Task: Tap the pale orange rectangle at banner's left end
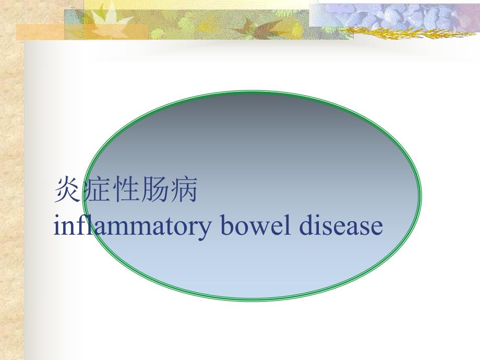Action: click(x=39, y=32)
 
